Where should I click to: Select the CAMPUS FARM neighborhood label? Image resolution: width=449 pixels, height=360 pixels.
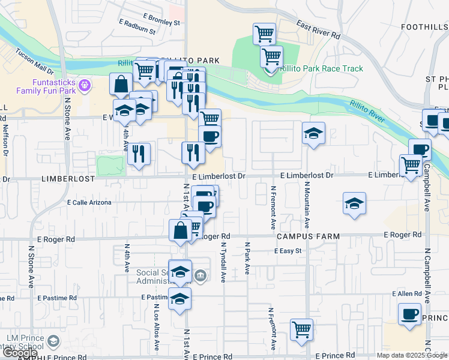(309, 237)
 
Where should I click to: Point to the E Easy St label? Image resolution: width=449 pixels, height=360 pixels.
(287, 251)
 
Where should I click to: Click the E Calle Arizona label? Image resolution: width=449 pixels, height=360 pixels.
(89, 203)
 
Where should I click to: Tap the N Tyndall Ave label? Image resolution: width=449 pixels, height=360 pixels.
(223, 263)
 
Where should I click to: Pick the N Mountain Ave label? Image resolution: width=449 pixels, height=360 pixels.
(306, 205)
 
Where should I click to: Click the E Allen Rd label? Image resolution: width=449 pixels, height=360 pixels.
(408, 294)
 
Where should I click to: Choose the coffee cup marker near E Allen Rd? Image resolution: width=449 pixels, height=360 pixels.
(409, 314)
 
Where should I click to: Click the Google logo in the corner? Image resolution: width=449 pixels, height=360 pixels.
(19, 353)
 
